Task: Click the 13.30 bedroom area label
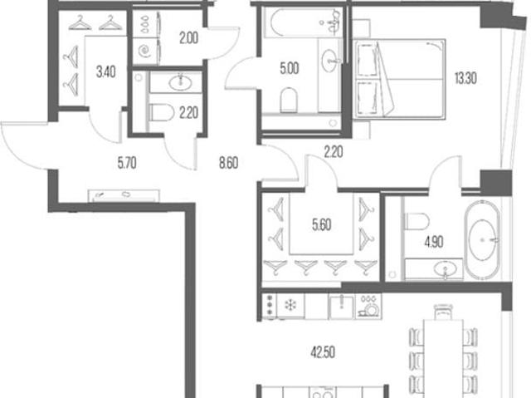coord(465,78)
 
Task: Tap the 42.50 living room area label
coord(323,352)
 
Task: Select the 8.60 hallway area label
coord(229,163)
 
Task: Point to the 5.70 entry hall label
coord(127,163)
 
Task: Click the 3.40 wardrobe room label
coord(106,71)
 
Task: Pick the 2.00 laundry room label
coord(188,38)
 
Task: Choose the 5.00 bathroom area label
coord(290,68)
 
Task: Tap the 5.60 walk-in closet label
coord(322,225)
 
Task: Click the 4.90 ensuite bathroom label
coord(434,242)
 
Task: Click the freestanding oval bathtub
coord(482,240)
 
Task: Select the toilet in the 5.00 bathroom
coord(289,100)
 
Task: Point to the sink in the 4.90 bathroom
coord(445,270)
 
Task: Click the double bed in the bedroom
coord(399,79)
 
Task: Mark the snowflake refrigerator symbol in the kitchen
coord(290,305)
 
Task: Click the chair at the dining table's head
coord(443,312)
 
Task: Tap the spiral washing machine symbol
coord(145,52)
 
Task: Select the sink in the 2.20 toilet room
coord(180,82)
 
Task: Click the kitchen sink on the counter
coord(342,306)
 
